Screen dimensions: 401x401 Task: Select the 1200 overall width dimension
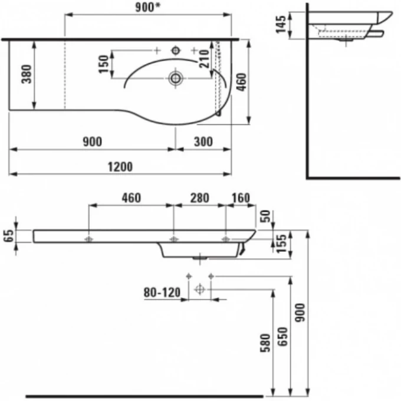tap(120, 167)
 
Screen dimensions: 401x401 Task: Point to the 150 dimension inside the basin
tap(103, 64)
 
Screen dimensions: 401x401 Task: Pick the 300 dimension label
tap(202, 142)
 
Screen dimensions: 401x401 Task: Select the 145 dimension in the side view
tap(281, 25)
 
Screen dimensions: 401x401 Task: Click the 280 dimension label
tap(199, 198)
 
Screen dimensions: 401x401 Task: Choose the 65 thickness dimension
tap(8, 236)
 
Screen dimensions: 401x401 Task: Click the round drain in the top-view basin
tap(175, 77)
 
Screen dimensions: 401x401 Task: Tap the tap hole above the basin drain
tap(175, 51)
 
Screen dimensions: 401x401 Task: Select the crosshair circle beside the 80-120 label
tap(199, 289)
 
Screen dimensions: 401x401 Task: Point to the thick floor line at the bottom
tap(144, 396)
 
